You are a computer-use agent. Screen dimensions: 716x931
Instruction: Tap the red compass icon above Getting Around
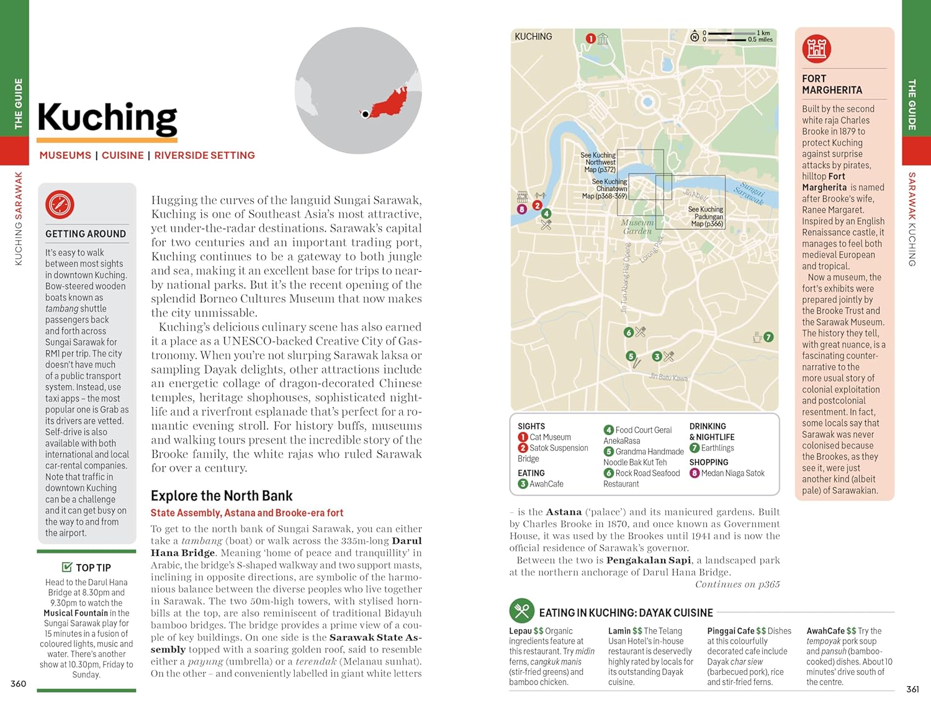coord(60,204)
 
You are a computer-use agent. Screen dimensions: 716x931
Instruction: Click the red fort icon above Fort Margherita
coord(816,48)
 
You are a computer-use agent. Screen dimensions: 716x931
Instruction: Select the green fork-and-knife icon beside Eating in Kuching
coord(521,611)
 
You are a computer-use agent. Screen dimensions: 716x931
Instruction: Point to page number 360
coord(19,684)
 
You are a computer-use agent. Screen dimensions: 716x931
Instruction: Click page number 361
coord(912,689)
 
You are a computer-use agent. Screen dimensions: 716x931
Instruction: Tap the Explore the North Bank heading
coord(222,496)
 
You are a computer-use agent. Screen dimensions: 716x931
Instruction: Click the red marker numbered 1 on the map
coord(591,38)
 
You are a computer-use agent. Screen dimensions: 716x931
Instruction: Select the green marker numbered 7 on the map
coord(768,337)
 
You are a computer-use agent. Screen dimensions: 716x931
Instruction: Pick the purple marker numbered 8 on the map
coord(522,209)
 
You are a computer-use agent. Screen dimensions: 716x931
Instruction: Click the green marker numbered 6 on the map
coord(628,333)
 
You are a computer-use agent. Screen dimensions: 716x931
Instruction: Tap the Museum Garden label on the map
coord(637,226)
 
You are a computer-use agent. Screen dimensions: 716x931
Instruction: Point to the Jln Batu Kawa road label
coord(668,377)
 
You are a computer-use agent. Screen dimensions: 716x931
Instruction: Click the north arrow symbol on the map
coord(695,37)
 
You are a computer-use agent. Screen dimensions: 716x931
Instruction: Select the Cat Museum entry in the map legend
coord(550,437)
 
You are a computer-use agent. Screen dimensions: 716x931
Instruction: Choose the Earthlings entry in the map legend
coord(717,448)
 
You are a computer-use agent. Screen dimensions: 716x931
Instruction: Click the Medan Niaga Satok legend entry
coord(732,473)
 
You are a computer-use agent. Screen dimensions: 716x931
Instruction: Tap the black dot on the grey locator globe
coord(366,114)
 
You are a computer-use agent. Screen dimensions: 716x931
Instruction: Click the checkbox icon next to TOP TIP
coord(67,567)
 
